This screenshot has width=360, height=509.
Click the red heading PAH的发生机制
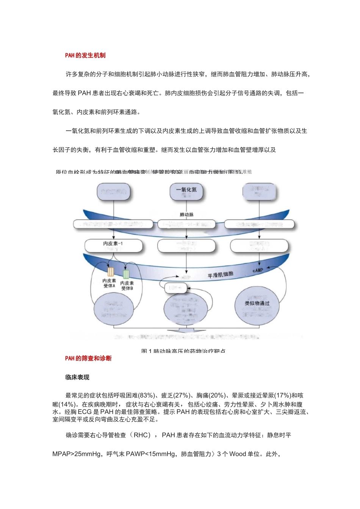click(x=85, y=55)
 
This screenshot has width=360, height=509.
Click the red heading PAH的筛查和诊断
click(x=88, y=358)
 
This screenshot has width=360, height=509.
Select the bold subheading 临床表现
click(x=77, y=377)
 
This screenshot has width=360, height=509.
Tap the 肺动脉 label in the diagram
click(x=186, y=215)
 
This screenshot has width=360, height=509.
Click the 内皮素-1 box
click(x=113, y=245)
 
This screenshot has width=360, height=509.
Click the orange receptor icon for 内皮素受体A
click(x=111, y=272)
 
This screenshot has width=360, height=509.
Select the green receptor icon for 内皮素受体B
click(x=126, y=274)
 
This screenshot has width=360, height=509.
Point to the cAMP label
click(x=258, y=270)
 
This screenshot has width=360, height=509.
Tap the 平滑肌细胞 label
click(x=220, y=275)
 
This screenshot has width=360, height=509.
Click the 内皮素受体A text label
click(x=109, y=283)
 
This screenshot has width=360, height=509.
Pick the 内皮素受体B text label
click(x=127, y=286)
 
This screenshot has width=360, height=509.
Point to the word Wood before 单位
click(x=238, y=454)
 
